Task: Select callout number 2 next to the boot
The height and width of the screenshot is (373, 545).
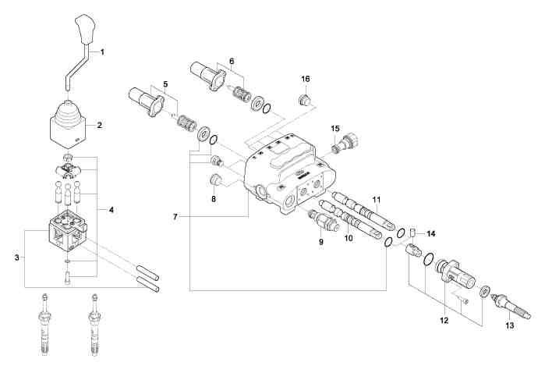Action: pos(100,124)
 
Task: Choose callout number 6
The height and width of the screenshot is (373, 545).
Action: pos(231,60)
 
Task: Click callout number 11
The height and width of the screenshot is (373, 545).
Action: pos(377,201)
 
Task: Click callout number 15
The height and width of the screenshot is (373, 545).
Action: pos(335,128)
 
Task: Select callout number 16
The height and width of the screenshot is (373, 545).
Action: pos(306,79)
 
